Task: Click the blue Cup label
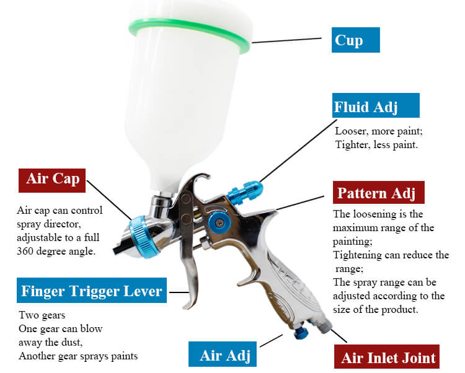coord(356,40)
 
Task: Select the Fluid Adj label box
coord(376,105)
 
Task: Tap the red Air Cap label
coord(52,180)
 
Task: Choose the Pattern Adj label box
coord(378,192)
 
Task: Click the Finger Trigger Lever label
coord(92,291)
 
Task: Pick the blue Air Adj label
coord(223,354)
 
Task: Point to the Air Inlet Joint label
coord(387,357)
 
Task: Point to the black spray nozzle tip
coord(121,247)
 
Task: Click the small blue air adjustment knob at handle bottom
coord(301,333)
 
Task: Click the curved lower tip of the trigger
coord(190,302)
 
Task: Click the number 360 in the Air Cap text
coord(25,251)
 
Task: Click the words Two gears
coord(42,315)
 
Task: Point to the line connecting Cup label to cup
coord(287,40)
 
